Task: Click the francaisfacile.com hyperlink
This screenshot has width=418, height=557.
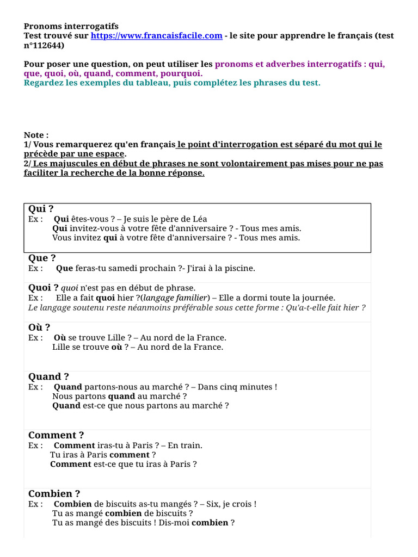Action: [156, 36]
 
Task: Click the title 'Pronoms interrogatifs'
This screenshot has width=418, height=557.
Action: [71, 26]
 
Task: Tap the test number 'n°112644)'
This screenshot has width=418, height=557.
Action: [44, 46]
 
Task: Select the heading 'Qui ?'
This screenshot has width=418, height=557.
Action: [41, 209]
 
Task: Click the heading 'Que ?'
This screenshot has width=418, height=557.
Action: [42, 258]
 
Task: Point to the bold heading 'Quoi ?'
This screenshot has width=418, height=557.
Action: [43, 287]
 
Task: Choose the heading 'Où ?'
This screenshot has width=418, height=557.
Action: [39, 327]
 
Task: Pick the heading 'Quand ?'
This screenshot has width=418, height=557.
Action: [48, 376]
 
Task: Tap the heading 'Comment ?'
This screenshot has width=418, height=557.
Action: [56, 435]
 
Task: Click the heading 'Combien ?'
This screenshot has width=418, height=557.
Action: [54, 494]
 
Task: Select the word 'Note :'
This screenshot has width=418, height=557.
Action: [36, 135]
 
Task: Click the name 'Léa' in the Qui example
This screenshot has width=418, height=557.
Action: [199, 219]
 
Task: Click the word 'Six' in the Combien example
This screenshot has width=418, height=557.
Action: [213, 504]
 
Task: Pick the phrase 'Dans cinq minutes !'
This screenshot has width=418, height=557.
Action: [237, 387]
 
